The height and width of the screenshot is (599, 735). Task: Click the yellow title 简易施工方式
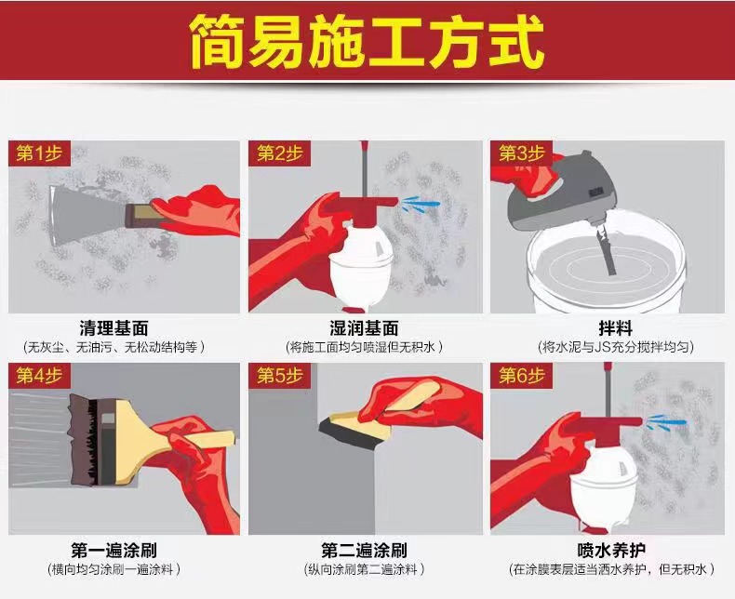tap(367, 41)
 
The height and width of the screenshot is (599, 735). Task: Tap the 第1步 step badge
tap(39, 153)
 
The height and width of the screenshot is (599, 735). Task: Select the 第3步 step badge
tap(521, 153)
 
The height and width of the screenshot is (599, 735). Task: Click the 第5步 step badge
tap(280, 376)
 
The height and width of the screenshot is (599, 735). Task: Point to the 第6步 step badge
tap(521, 376)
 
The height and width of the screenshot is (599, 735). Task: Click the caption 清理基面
tap(114, 328)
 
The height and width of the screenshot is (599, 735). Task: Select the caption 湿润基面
tap(364, 328)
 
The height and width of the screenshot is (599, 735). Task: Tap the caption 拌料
tap(615, 328)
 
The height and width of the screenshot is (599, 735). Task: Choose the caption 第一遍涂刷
tap(114, 551)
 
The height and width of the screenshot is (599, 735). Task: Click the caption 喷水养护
tap(611, 551)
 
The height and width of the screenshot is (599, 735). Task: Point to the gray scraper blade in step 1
tap(87, 215)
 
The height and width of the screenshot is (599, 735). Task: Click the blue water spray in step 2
tap(421, 204)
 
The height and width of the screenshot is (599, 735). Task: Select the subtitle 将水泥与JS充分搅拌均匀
tap(615, 347)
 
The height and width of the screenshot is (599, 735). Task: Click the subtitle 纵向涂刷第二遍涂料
tap(364, 569)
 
